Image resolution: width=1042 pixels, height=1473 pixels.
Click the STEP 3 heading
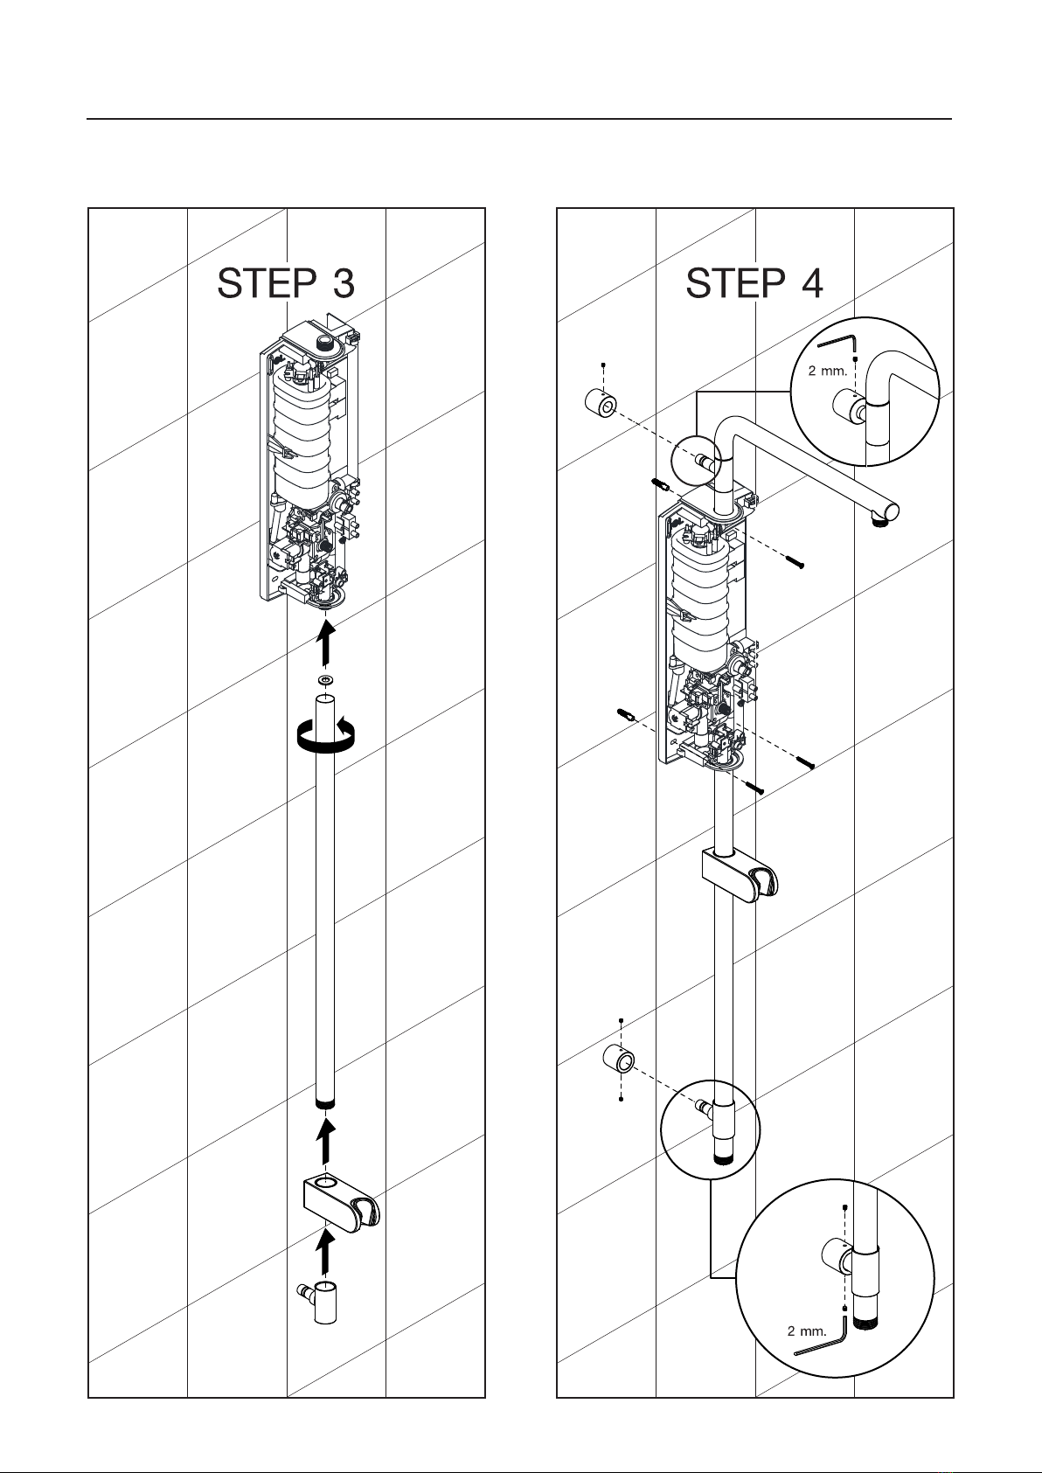pyautogui.click(x=286, y=283)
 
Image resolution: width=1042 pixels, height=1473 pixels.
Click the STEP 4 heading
pyautogui.click(x=754, y=283)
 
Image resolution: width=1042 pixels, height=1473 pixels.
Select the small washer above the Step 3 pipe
pyautogui.click(x=325, y=679)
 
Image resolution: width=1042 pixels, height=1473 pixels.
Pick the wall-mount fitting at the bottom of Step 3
pyautogui.click(x=319, y=1302)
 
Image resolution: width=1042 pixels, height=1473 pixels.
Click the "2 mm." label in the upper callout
pyautogui.click(x=827, y=371)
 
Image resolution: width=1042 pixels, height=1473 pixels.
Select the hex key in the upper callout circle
pyautogui.click(x=837, y=344)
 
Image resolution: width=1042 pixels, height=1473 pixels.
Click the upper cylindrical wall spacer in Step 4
pyautogui.click(x=601, y=402)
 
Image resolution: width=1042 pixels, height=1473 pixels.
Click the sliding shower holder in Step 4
pyautogui.click(x=740, y=875)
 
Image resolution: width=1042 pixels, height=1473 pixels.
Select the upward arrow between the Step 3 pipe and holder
pyautogui.click(x=325, y=1141)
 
